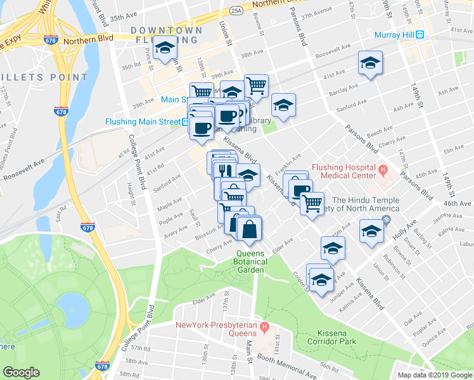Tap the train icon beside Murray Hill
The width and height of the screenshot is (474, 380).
point(420,34)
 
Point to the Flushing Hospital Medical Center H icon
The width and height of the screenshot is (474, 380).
point(383,170)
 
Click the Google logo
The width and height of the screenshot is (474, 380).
point(22,372)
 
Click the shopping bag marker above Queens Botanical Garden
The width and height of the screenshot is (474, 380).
point(250,229)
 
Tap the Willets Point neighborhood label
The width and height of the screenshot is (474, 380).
point(44,77)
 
